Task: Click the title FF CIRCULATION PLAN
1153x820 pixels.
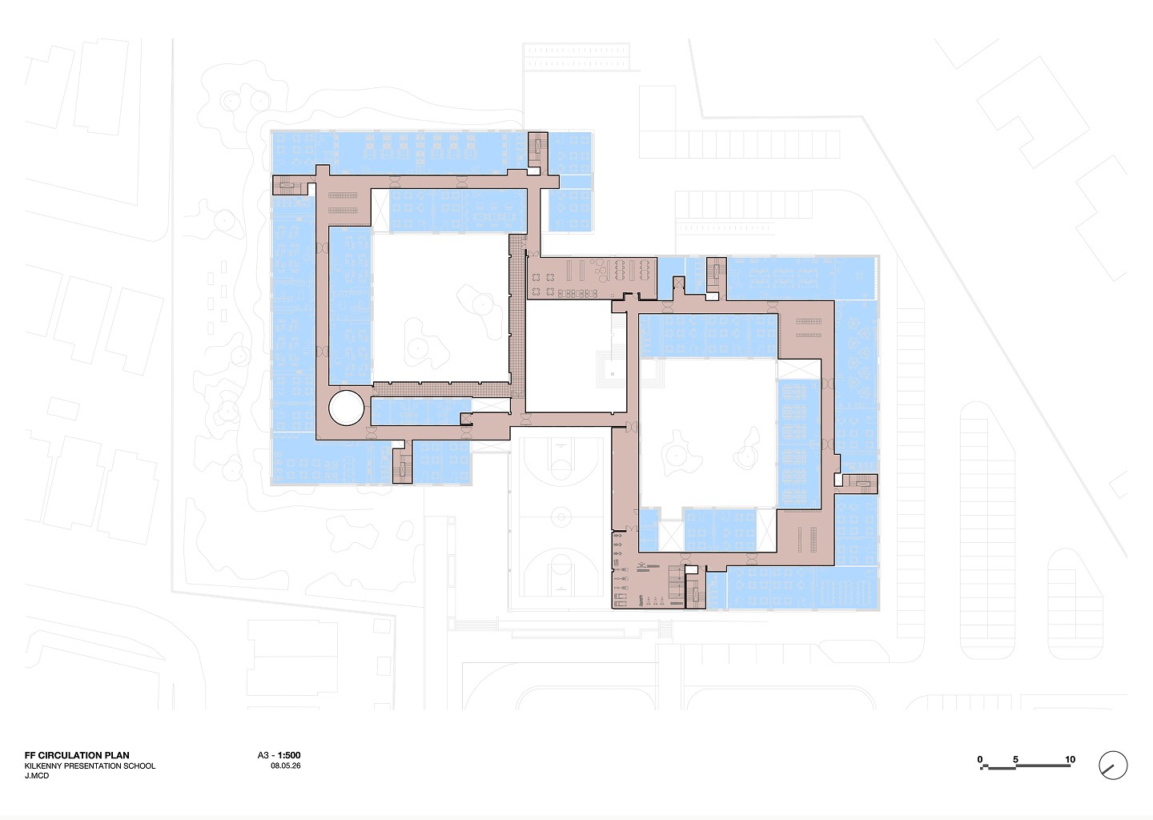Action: click(x=77, y=755)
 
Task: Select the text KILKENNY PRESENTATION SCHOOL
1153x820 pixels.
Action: click(x=90, y=766)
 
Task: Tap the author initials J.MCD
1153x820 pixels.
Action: click(x=37, y=775)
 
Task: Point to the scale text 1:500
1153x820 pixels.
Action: click(x=289, y=755)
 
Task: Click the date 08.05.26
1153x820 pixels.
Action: click(x=286, y=766)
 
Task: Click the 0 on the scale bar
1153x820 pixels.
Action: click(x=980, y=759)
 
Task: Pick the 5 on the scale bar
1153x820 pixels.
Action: click(x=1015, y=759)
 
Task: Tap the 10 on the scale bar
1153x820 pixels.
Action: click(x=1070, y=759)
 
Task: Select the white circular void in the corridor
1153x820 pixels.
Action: click(x=347, y=408)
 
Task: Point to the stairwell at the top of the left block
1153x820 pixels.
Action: click(x=538, y=149)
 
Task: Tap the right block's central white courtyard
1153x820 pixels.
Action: click(x=708, y=432)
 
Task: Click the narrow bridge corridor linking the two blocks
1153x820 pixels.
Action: click(x=568, y=420)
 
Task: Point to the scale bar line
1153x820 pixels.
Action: click(x=1025, y=768)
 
